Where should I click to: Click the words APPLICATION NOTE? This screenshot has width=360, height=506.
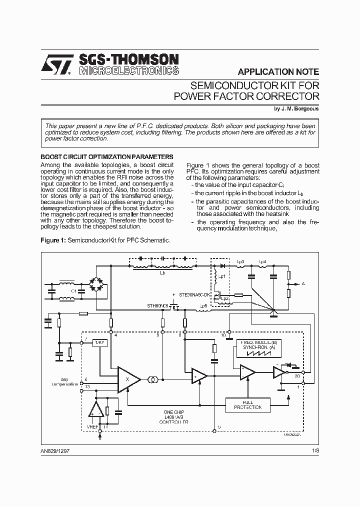(278, 71)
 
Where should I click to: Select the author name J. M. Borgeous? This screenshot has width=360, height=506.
(296, 108)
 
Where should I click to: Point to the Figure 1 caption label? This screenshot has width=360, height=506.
(52, 240)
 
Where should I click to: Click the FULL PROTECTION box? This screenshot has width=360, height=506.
(247, 404)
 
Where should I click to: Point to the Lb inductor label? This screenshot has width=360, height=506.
(162, 273)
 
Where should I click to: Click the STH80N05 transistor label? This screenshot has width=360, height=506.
(157, 304)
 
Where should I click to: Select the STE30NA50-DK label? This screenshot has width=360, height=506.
(192, 295)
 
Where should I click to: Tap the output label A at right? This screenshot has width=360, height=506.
(303, 283)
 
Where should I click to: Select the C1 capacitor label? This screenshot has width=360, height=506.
(73, 290)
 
